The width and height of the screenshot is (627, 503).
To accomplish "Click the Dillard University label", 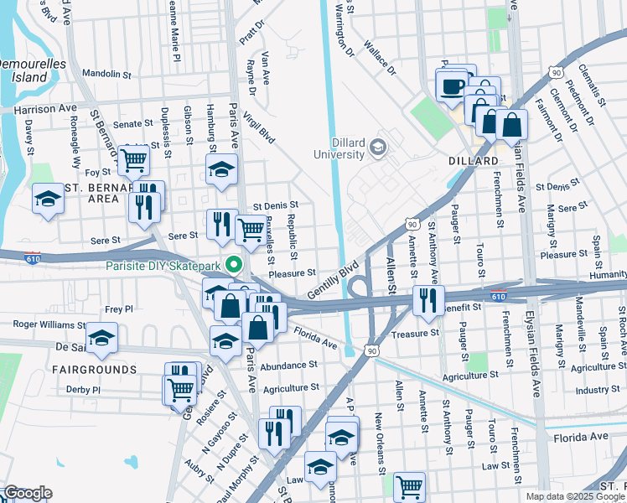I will pos(339,148).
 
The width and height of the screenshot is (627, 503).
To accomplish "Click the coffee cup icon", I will pos(452,86).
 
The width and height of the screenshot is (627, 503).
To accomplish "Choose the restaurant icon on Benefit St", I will pos(427,300).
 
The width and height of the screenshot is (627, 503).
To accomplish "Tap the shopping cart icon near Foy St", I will pos(134,159).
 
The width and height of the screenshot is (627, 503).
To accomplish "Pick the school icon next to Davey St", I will pos(49,199).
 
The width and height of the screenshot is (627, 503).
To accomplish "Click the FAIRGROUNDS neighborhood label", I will pos(89,369).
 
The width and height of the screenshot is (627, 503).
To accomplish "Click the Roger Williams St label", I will pos(49,324).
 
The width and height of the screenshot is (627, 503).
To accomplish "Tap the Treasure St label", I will pos(416,333).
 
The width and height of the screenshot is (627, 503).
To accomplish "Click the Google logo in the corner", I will pos(28,493).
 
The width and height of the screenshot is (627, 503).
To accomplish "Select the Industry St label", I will pos(597,389).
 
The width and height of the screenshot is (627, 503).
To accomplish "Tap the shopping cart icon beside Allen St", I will pos(408,486).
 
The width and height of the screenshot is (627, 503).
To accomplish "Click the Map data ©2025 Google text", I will pos(574,496).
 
